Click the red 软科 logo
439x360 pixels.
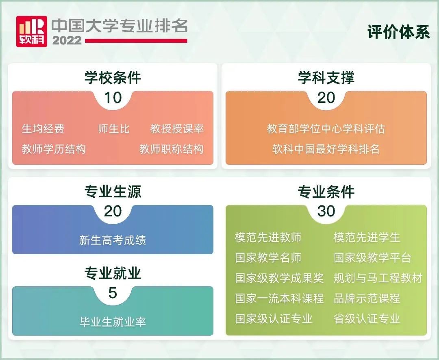coord(31,31)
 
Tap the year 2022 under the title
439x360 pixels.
coord(67,41)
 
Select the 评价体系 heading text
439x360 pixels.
coord(398,33)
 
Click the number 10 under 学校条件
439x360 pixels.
coord(113,98)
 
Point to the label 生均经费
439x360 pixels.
coord(43,129)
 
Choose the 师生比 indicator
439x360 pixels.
coord(114,129)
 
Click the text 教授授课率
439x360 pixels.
coord(177,129)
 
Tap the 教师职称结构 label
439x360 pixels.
coord(171,149)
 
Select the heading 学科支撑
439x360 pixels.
coord(326,78)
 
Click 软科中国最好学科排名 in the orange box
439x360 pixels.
coord(326,149)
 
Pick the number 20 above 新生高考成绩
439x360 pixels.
coord(113,211)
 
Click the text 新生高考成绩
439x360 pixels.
coord(113,240)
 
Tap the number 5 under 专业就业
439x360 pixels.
coord(113,293)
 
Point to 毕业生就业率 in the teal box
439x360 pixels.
coord(113,322)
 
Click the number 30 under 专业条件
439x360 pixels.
coord(326,211)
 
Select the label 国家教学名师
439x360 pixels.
coord(268,258)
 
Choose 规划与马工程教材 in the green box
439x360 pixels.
coord(378,278)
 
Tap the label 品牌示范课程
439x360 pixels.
coord(367,298)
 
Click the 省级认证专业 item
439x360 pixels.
coord(367,319)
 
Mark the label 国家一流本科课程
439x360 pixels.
coord(279,298)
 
